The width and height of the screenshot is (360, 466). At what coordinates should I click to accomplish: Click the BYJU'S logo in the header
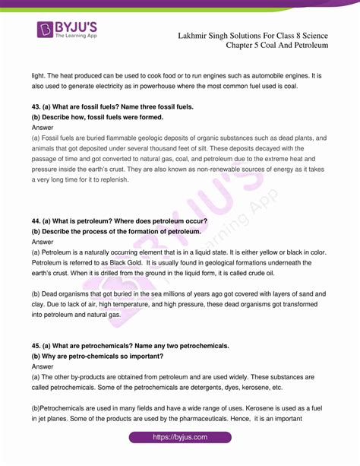tap(68, 33)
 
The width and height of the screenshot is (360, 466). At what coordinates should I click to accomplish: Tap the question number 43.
tap(36, 106)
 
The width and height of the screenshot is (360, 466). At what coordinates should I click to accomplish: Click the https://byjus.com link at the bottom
tap(179, 438)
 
